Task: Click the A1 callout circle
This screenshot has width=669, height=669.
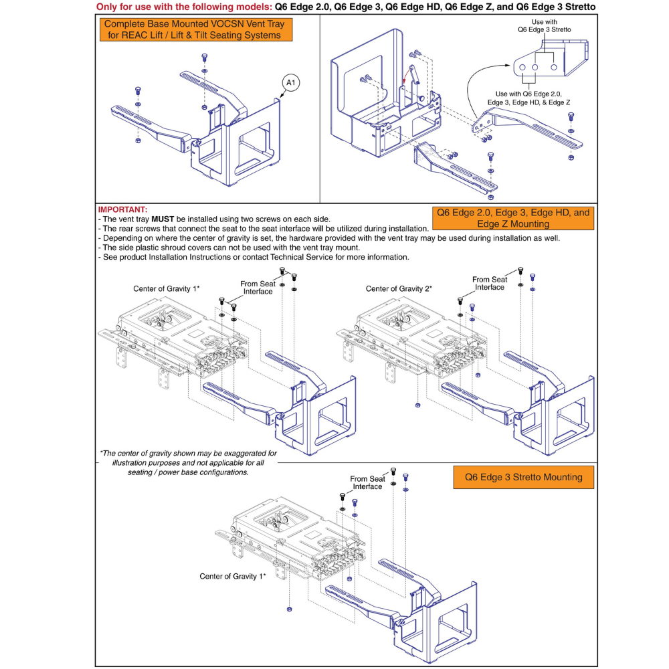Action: point(291,82)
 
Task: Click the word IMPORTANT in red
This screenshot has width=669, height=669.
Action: point(122,209)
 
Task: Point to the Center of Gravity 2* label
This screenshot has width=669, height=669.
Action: point(399,289)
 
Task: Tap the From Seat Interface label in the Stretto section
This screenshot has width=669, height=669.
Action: point(368,482)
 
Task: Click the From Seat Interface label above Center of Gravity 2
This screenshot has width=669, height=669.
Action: point(490,283)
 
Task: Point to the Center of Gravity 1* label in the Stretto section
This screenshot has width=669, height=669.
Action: point(233,576)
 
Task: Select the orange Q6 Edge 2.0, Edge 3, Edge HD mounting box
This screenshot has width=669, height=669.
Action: point(513,218)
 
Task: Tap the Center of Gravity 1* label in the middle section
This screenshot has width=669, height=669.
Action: point(167,289)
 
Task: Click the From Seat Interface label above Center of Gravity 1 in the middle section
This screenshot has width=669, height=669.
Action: point(258,288)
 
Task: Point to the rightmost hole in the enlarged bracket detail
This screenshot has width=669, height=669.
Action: point(553,68)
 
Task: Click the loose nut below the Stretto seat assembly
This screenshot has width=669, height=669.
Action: point(288,609)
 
